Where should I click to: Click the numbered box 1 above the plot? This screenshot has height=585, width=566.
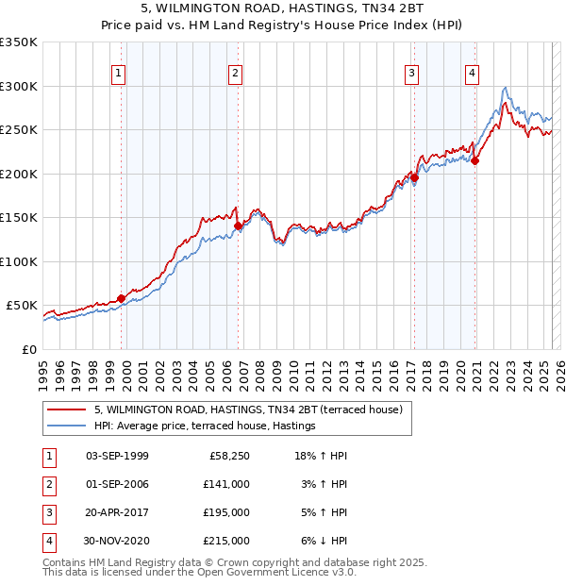tap(119, 75)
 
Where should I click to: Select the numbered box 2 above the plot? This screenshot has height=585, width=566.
tap(235, 75)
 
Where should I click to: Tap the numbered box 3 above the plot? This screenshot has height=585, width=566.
tap(412, 75)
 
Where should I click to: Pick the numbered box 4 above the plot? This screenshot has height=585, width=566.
tap(472, 75)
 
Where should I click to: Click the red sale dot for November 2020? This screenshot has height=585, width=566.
tap(475, 161)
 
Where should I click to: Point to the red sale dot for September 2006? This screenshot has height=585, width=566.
tap(239, 226)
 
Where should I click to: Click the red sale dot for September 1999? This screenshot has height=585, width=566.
tap(122, 298)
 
